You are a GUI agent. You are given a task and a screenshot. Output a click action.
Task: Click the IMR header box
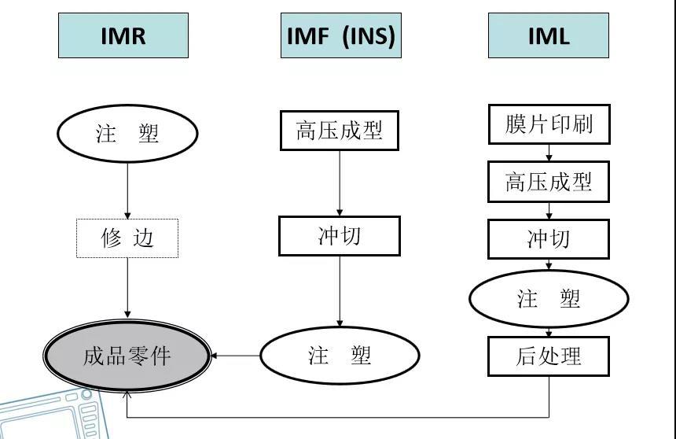click(x=123, y=35)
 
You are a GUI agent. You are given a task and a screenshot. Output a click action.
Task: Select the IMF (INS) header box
click(x=340, y=35)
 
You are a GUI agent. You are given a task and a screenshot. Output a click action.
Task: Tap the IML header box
click(x=548, y=35)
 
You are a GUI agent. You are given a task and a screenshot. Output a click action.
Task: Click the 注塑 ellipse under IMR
click(x=127, y=133)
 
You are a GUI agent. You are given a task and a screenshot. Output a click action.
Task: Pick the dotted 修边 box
click(x=127, y=238)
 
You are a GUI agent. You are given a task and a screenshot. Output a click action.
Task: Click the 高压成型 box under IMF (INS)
click(x=340, y=131)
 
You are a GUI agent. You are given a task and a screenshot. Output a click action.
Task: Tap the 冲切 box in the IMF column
click(x=340, y=236)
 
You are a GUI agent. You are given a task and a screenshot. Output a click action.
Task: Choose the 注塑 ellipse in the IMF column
click(x=340, y=356)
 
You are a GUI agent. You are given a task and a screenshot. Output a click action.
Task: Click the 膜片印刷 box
click(x=549, y=124)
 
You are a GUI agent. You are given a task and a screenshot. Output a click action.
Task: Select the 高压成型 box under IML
click(x=549, y=182)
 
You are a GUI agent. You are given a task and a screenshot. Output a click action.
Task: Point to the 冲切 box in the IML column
click(x=549, y=238)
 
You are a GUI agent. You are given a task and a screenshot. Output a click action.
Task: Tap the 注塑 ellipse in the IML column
click(x=549, y=299)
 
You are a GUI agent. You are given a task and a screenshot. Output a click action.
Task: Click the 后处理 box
click(x=549, y=356)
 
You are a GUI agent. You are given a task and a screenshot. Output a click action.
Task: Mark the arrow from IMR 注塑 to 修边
click(x=127, y=189)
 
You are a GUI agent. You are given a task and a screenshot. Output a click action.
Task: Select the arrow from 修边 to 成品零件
click(x=127, y=287)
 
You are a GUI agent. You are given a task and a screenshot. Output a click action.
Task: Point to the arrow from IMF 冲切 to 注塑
click(x=340, y=291)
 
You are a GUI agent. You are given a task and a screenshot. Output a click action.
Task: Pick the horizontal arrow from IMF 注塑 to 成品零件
click(x=236, y=356)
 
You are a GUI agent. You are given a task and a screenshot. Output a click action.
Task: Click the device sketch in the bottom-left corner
click(x=55, y=413)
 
